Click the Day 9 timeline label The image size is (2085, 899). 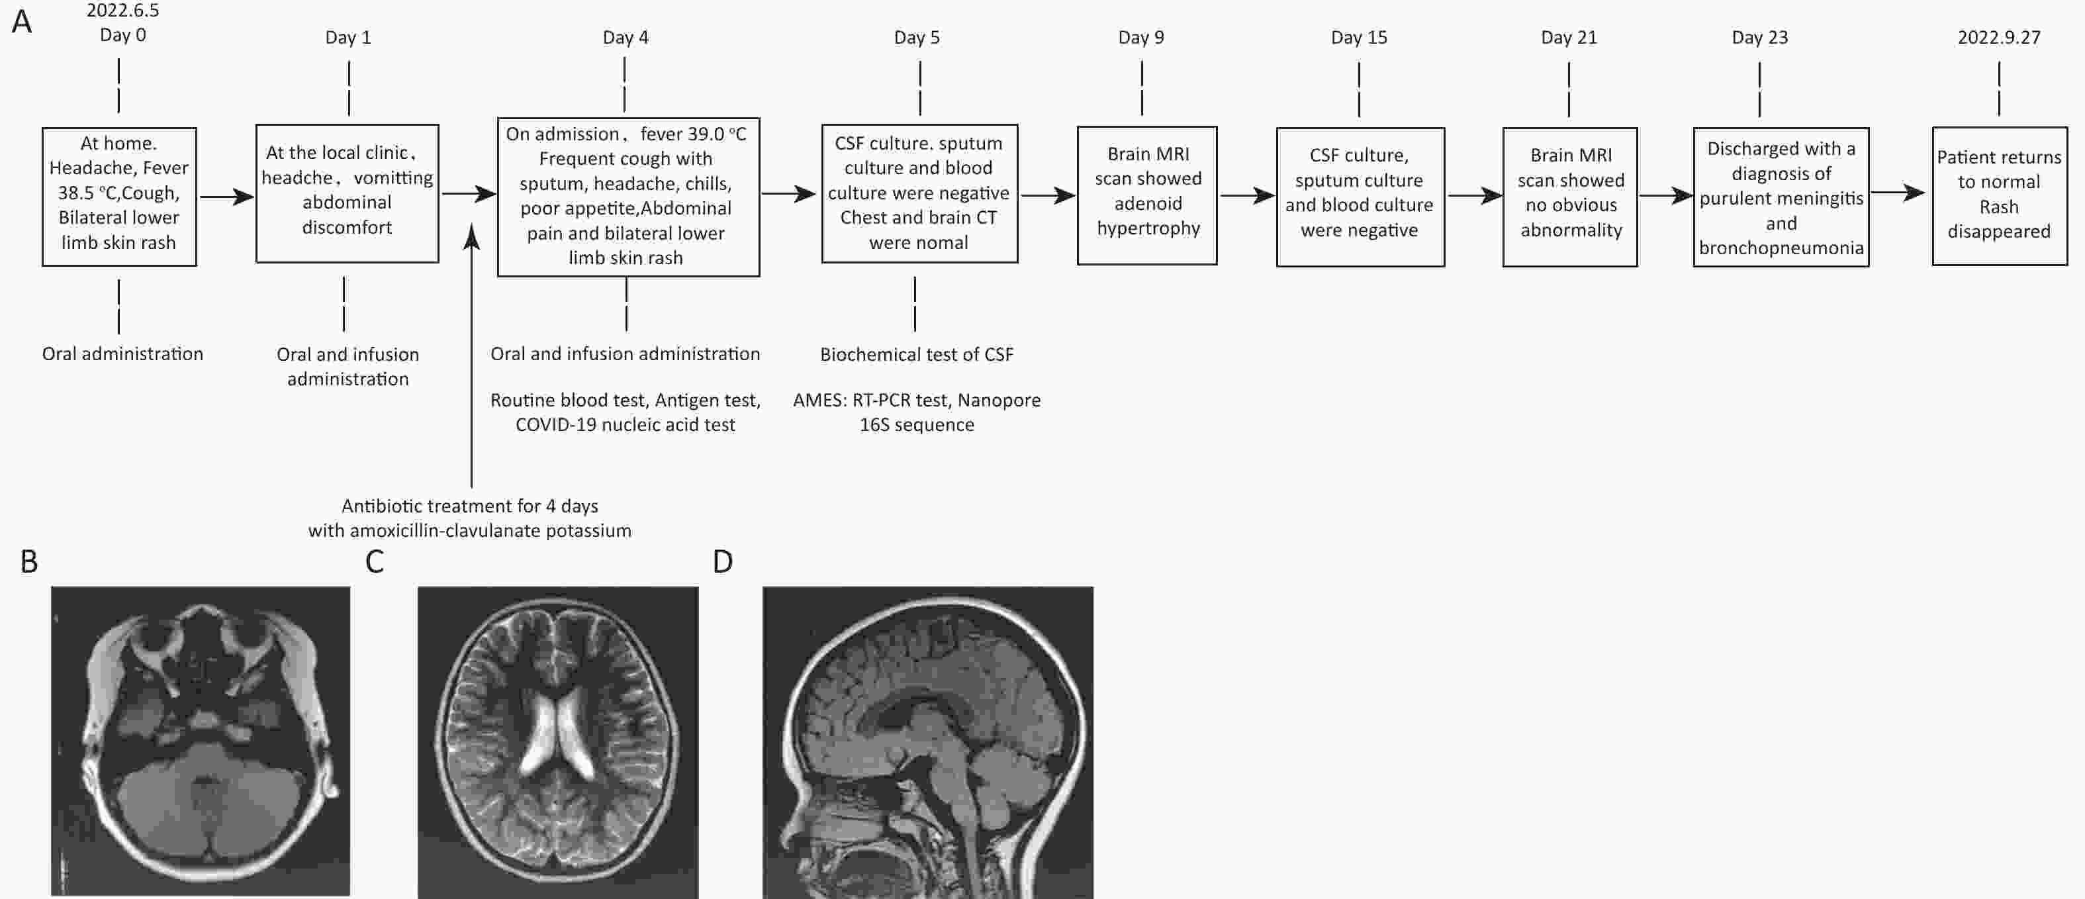pyautogui.click(x=1141, y=37)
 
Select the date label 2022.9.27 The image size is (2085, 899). pyautogui.click(x=1998, y=37)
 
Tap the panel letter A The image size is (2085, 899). pyautogui.click(x=22, y=21)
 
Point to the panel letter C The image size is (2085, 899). pyautogui.click(x=374, y=561)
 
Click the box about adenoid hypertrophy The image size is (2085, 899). pyautogui.click(x=1147, y=195)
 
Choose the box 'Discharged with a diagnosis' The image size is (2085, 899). pyautogui.click(x=1781, y=197)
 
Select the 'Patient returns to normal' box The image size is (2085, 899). pyautogui.click(x=1999, y=195)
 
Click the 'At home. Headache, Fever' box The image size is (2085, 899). pyautogui.click(x=119, y=196)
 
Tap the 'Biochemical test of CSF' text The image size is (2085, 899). pyautogui.click(x=916, y=354)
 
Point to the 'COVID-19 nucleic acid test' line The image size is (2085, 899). pyautogui.click(x=625, y=425)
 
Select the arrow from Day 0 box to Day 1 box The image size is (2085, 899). pyautogui.click(x=226, y=196)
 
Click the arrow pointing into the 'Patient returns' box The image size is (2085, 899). pyautogui.click(x=1898, y=193)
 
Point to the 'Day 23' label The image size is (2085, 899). pyautogui.click(x=1759, y=37)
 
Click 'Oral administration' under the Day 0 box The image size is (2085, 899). pyautogui.click(x=122, y=354)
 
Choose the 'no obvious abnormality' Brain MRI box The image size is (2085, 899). pyautogui.click(x=1569, y=197)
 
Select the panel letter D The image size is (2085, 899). pyautogui.click(x=722, y=561)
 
